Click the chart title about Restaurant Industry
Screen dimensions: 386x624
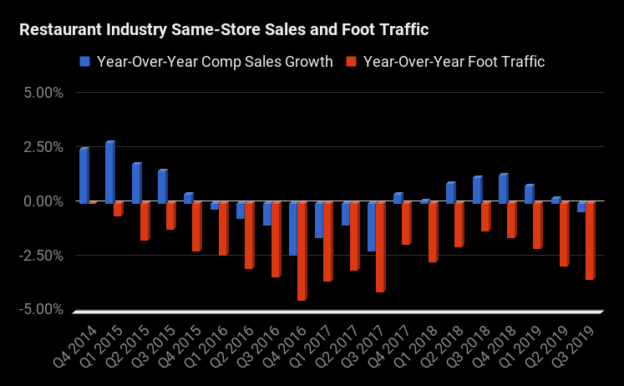pos(224,31)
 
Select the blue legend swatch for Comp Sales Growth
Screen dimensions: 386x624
pos(85,61)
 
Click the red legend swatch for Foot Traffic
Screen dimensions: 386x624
pos(352,61)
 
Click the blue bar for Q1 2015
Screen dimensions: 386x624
pos(109,172)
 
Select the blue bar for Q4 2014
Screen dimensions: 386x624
pos(84,175)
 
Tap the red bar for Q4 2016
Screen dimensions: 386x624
pos(302,251)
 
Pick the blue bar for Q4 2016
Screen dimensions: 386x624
pos(292,228)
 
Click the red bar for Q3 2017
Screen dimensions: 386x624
pos(380,246)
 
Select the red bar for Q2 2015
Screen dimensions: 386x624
pos(145,221)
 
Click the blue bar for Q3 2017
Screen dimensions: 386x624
pos(371,226)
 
